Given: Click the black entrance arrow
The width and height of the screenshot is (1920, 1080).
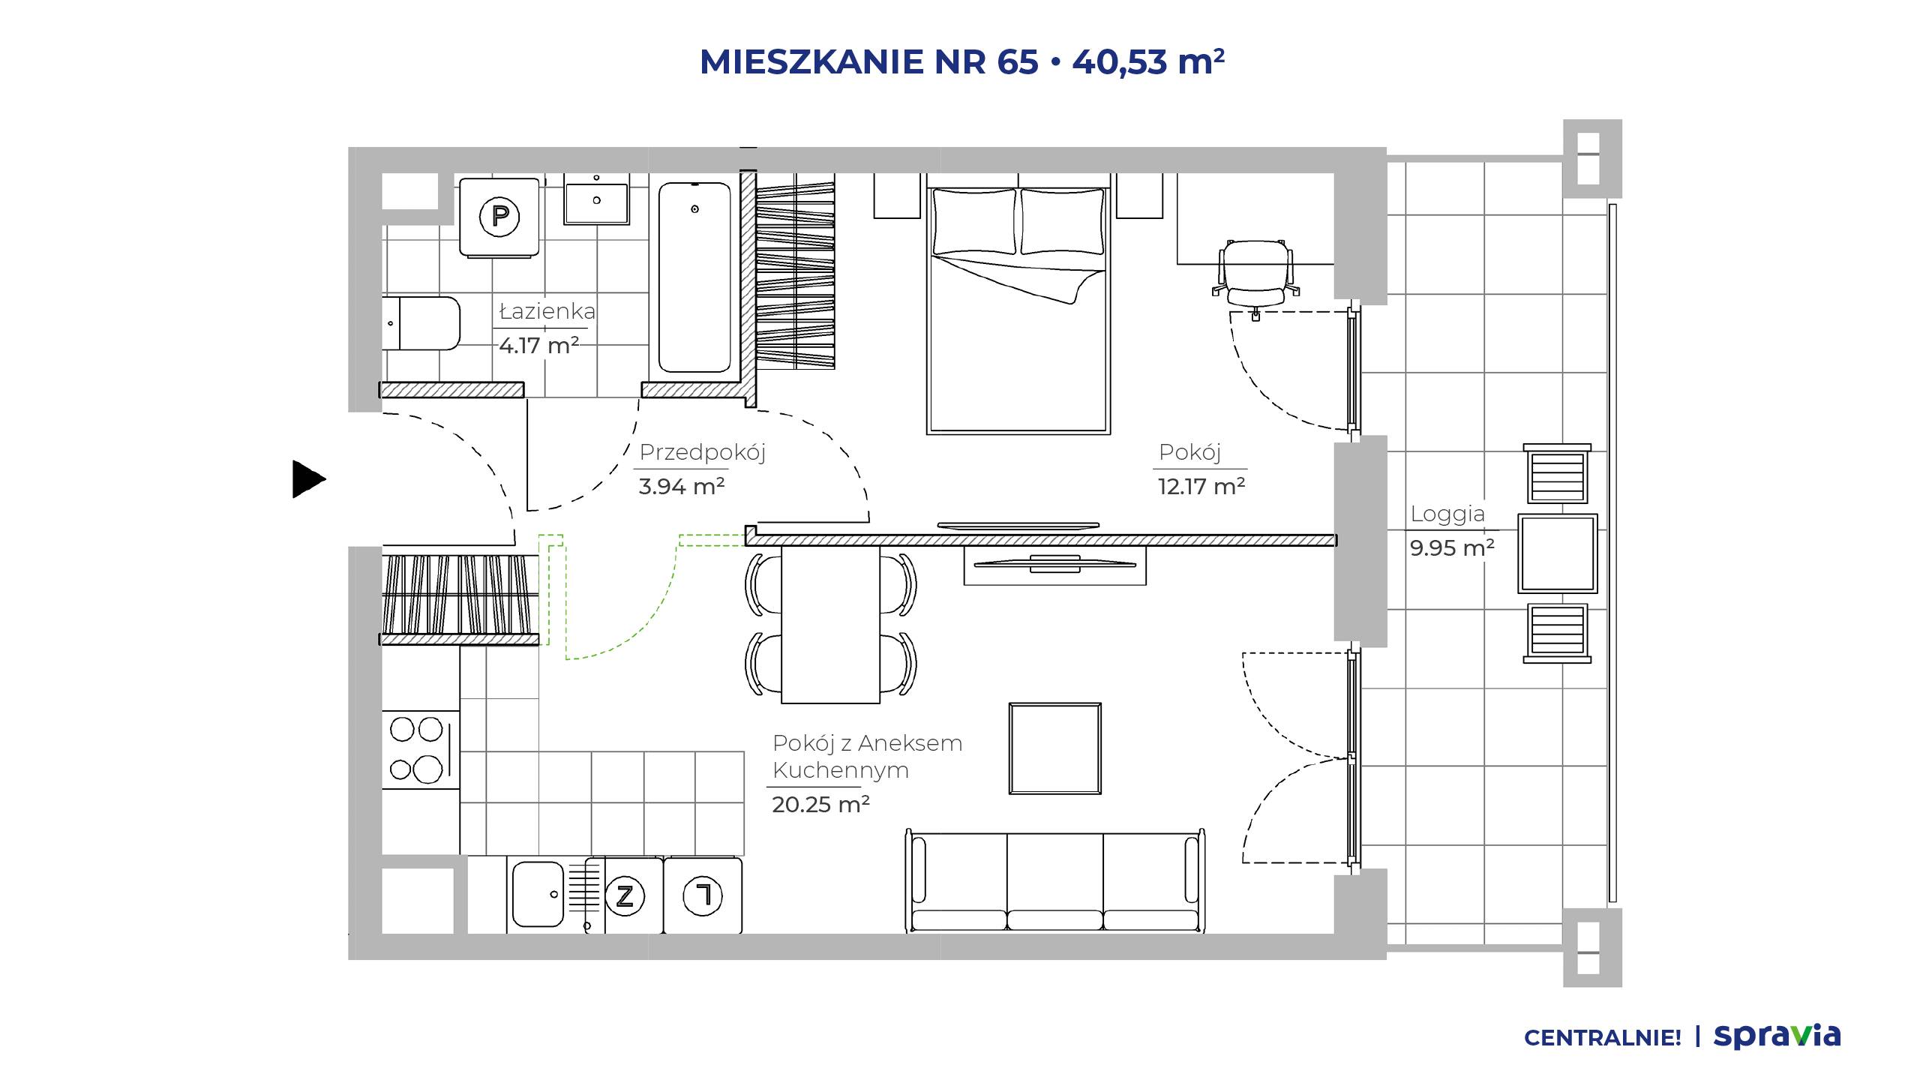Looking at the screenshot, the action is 308,478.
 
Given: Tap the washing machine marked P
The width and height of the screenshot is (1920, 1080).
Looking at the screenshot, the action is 499,217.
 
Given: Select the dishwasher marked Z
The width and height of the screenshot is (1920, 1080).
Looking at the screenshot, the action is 625,895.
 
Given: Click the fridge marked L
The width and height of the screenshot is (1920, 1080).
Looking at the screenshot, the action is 703,895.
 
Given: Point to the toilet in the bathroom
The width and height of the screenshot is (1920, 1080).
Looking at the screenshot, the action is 421,323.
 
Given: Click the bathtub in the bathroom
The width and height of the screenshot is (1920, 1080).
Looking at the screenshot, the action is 694,277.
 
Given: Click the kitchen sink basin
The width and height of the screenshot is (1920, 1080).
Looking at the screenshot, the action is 538,894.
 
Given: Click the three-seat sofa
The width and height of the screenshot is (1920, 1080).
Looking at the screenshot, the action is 1055,880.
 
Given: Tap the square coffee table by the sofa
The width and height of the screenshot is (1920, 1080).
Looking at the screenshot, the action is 1055,748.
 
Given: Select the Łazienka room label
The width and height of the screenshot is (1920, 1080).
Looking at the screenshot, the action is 547,311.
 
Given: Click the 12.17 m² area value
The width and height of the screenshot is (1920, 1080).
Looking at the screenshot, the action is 1201,487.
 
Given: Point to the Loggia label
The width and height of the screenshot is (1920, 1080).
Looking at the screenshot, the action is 1447,514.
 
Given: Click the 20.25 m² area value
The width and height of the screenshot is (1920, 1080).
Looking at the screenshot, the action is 820,805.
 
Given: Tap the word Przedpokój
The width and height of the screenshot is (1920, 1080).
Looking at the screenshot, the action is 702,453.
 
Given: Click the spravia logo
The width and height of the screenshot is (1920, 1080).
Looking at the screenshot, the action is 1777,1036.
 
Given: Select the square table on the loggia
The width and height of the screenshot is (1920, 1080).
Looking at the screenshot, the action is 1558,553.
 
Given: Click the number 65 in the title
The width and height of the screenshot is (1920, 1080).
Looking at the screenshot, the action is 1018,61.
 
